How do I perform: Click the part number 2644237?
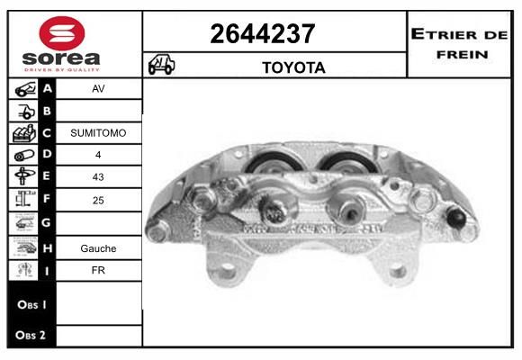click(262, 33)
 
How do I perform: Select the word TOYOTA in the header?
click(293, 67)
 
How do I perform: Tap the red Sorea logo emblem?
click(62, 33)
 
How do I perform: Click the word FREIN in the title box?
click(462, 54)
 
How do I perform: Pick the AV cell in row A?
click(98, 88)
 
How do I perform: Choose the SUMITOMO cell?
click(98, 133)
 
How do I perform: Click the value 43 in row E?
click(98, 176)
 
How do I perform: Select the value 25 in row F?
click(98, 200)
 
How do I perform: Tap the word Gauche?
click(98, 248)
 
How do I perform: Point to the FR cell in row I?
click(98, 270)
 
